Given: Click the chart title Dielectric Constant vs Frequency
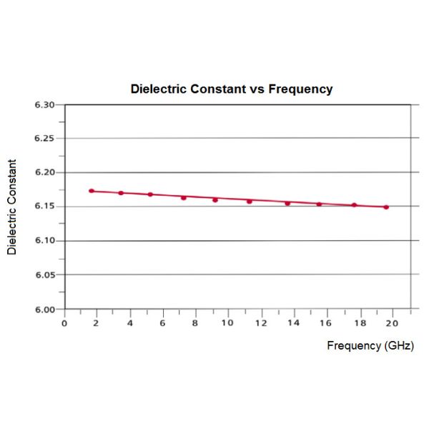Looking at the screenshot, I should tap(231, 89).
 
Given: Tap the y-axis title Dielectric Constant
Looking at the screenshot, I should tap(11, 207).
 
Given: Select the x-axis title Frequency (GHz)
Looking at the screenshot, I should tap(370, 345).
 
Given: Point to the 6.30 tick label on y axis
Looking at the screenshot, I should tap(44, 105).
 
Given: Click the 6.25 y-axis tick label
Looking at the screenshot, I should tap(44, 139).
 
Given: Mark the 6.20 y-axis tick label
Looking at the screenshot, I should tap(44, 173).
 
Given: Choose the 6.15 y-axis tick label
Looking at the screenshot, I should tap(44, 207).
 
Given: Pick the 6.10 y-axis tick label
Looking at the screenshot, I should tap(44, 241).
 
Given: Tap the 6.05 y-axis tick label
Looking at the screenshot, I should tap(44, 275).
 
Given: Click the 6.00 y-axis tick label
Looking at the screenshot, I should tap(44, 310).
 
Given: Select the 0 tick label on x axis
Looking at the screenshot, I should tap(64, 322).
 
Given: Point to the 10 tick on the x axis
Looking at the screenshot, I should tap(227, 322).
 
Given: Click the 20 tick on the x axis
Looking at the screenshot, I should tap(391, 322).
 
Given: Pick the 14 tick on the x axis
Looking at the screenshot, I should tap(292, 322).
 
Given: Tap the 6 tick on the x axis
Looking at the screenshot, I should tap(162, 322).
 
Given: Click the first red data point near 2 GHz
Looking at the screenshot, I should tap(92, 191).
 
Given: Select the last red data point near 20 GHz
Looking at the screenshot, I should tap(386, 207).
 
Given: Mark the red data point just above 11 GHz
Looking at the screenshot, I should tap(250, 201).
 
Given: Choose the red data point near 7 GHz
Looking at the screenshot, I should tap(184, 197).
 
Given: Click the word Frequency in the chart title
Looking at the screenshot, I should tap(300, 89).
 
